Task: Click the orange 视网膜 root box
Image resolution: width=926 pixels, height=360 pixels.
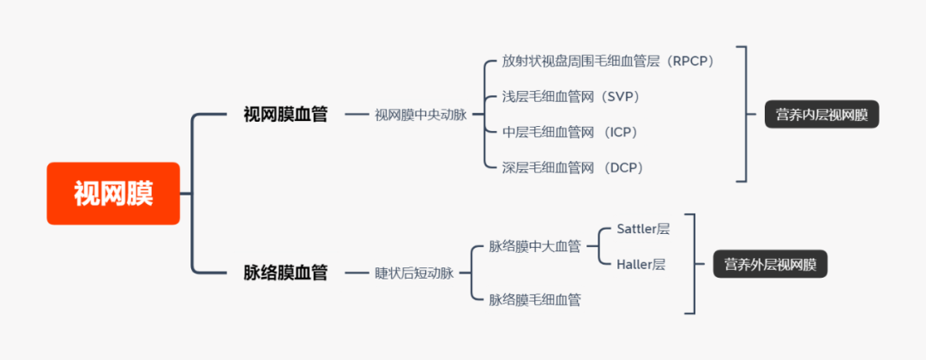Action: click(x=113, y=194)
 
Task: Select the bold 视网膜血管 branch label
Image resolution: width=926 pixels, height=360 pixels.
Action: click(x=286, y=114)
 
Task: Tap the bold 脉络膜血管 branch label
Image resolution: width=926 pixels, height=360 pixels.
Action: click(x=286, y=273)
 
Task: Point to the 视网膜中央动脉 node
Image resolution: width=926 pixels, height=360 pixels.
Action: click(x=420, y=115)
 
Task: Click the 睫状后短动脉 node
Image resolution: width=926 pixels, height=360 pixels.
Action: click(x=414, y=273)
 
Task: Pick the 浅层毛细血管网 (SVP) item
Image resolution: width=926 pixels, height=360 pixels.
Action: click(x=571, y=97)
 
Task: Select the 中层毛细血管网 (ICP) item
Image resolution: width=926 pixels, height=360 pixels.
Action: click(x=569, y=132)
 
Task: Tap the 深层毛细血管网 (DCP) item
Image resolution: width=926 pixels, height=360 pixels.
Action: click(x=572, y=168)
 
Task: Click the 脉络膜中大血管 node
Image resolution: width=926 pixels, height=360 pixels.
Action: click(x=535, y=247)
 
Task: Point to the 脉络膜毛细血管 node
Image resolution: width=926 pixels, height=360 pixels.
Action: click(x=535, y=300)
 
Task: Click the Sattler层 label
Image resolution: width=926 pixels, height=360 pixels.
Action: click(x=643, y=229)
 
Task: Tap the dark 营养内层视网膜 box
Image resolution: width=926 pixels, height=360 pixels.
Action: click(x=821, y=115)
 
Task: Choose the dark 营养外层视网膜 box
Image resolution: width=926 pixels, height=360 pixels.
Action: click(x=770, y=264)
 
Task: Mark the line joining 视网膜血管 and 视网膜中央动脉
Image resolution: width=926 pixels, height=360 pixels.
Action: click(x=356, y=115)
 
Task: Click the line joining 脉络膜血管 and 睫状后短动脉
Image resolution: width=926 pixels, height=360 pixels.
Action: click(x=356, y=273)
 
